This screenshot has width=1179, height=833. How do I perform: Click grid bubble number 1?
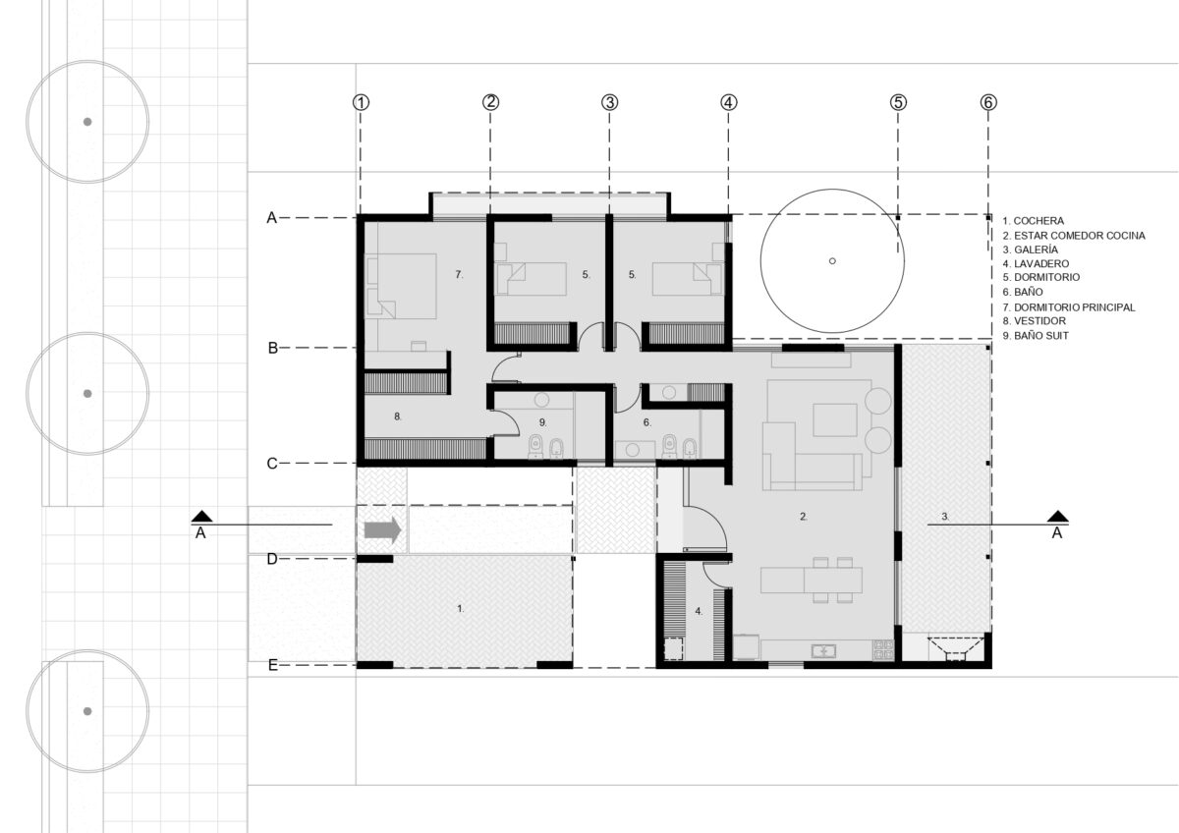pyautogui.click(x=361, y=102)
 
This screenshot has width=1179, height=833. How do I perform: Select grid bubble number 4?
pyautogui.click(x=728, y=102)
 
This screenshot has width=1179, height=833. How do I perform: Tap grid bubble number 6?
pyautogui.click(x=988, y=102)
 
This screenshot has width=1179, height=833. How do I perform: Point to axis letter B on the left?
pyautogui.click(x=273, y=348)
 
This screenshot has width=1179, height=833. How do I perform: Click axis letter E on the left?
pyautogui.click(x=273, y=666)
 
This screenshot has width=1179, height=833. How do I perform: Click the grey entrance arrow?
pyautogui.click(x=383, y=529)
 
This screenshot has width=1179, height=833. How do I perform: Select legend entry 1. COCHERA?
pyautogui.click(x=1034, y=221)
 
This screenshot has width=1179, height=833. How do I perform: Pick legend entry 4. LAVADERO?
pyautogui.click(x=1036, y=263)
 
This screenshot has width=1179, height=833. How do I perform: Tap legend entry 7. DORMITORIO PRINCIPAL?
pyautogui.click(x=1069, y=307)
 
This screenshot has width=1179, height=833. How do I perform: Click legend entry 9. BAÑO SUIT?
pyautogui.click(x=1036, y=336)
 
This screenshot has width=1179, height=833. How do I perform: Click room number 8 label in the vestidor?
pyautogui.click(x=397, y=416)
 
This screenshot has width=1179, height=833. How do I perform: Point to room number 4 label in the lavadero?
pyautogui.click(x=699, y=611)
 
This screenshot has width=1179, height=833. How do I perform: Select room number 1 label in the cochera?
pyautogui.click(x=461, y=609)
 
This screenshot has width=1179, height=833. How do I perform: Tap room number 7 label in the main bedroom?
pyautogui.click(x=459, y=274)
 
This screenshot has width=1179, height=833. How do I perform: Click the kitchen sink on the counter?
pyautogui.click(x=823, y=651)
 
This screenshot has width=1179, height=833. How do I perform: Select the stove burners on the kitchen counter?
pyautogui.click(x=883, y=650)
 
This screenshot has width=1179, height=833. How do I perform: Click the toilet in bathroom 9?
pyautogui.click(x=536, y=446)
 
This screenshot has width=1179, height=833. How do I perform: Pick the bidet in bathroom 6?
pyautogui.click(x=690, y=447)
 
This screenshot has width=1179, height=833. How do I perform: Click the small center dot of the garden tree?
pyautogui.click(x=832, y=261)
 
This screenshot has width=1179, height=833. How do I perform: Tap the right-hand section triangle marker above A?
pyautogui.click(x=1058, y=517)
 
